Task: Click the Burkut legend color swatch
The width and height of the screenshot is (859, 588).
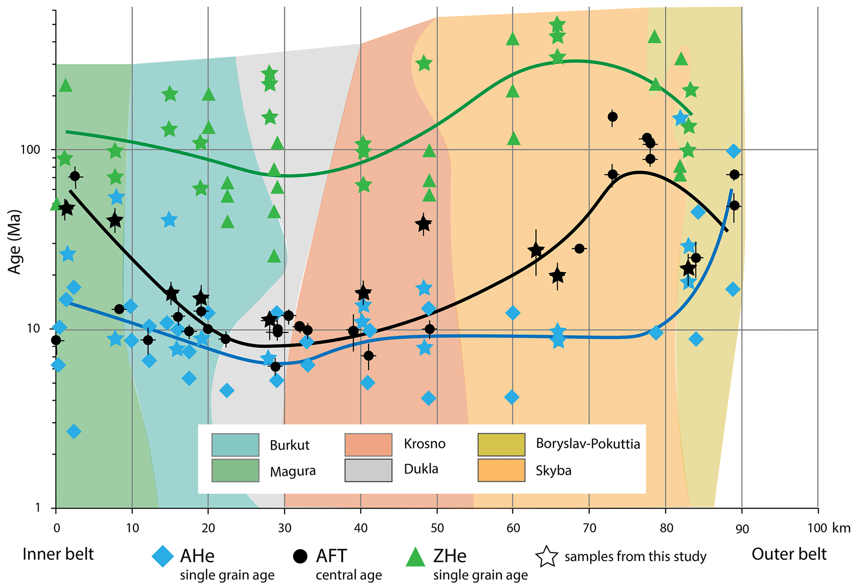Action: [235, 445]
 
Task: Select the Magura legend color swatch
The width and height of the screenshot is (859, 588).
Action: [235, 470]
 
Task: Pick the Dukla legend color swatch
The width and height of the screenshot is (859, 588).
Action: [368, 470]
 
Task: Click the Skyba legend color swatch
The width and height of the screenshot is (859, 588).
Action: [501, 470]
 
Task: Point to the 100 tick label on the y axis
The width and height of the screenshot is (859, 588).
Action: [30, 149]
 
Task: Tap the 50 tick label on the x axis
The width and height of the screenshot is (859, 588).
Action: [437, 528]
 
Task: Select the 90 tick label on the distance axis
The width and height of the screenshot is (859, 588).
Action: [742, 529]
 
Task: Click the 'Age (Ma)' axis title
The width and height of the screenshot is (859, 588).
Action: [15, 242]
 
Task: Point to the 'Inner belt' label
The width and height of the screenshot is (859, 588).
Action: [58, 554]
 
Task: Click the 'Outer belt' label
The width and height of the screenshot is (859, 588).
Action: [789, 554]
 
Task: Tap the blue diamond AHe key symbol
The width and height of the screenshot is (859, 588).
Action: [162, 556]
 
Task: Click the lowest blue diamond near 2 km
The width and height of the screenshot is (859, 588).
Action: [74, 431]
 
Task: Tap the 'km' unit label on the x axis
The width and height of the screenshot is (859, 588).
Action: [841, 528]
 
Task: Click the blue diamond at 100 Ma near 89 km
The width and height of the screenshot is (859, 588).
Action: [733, 151]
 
